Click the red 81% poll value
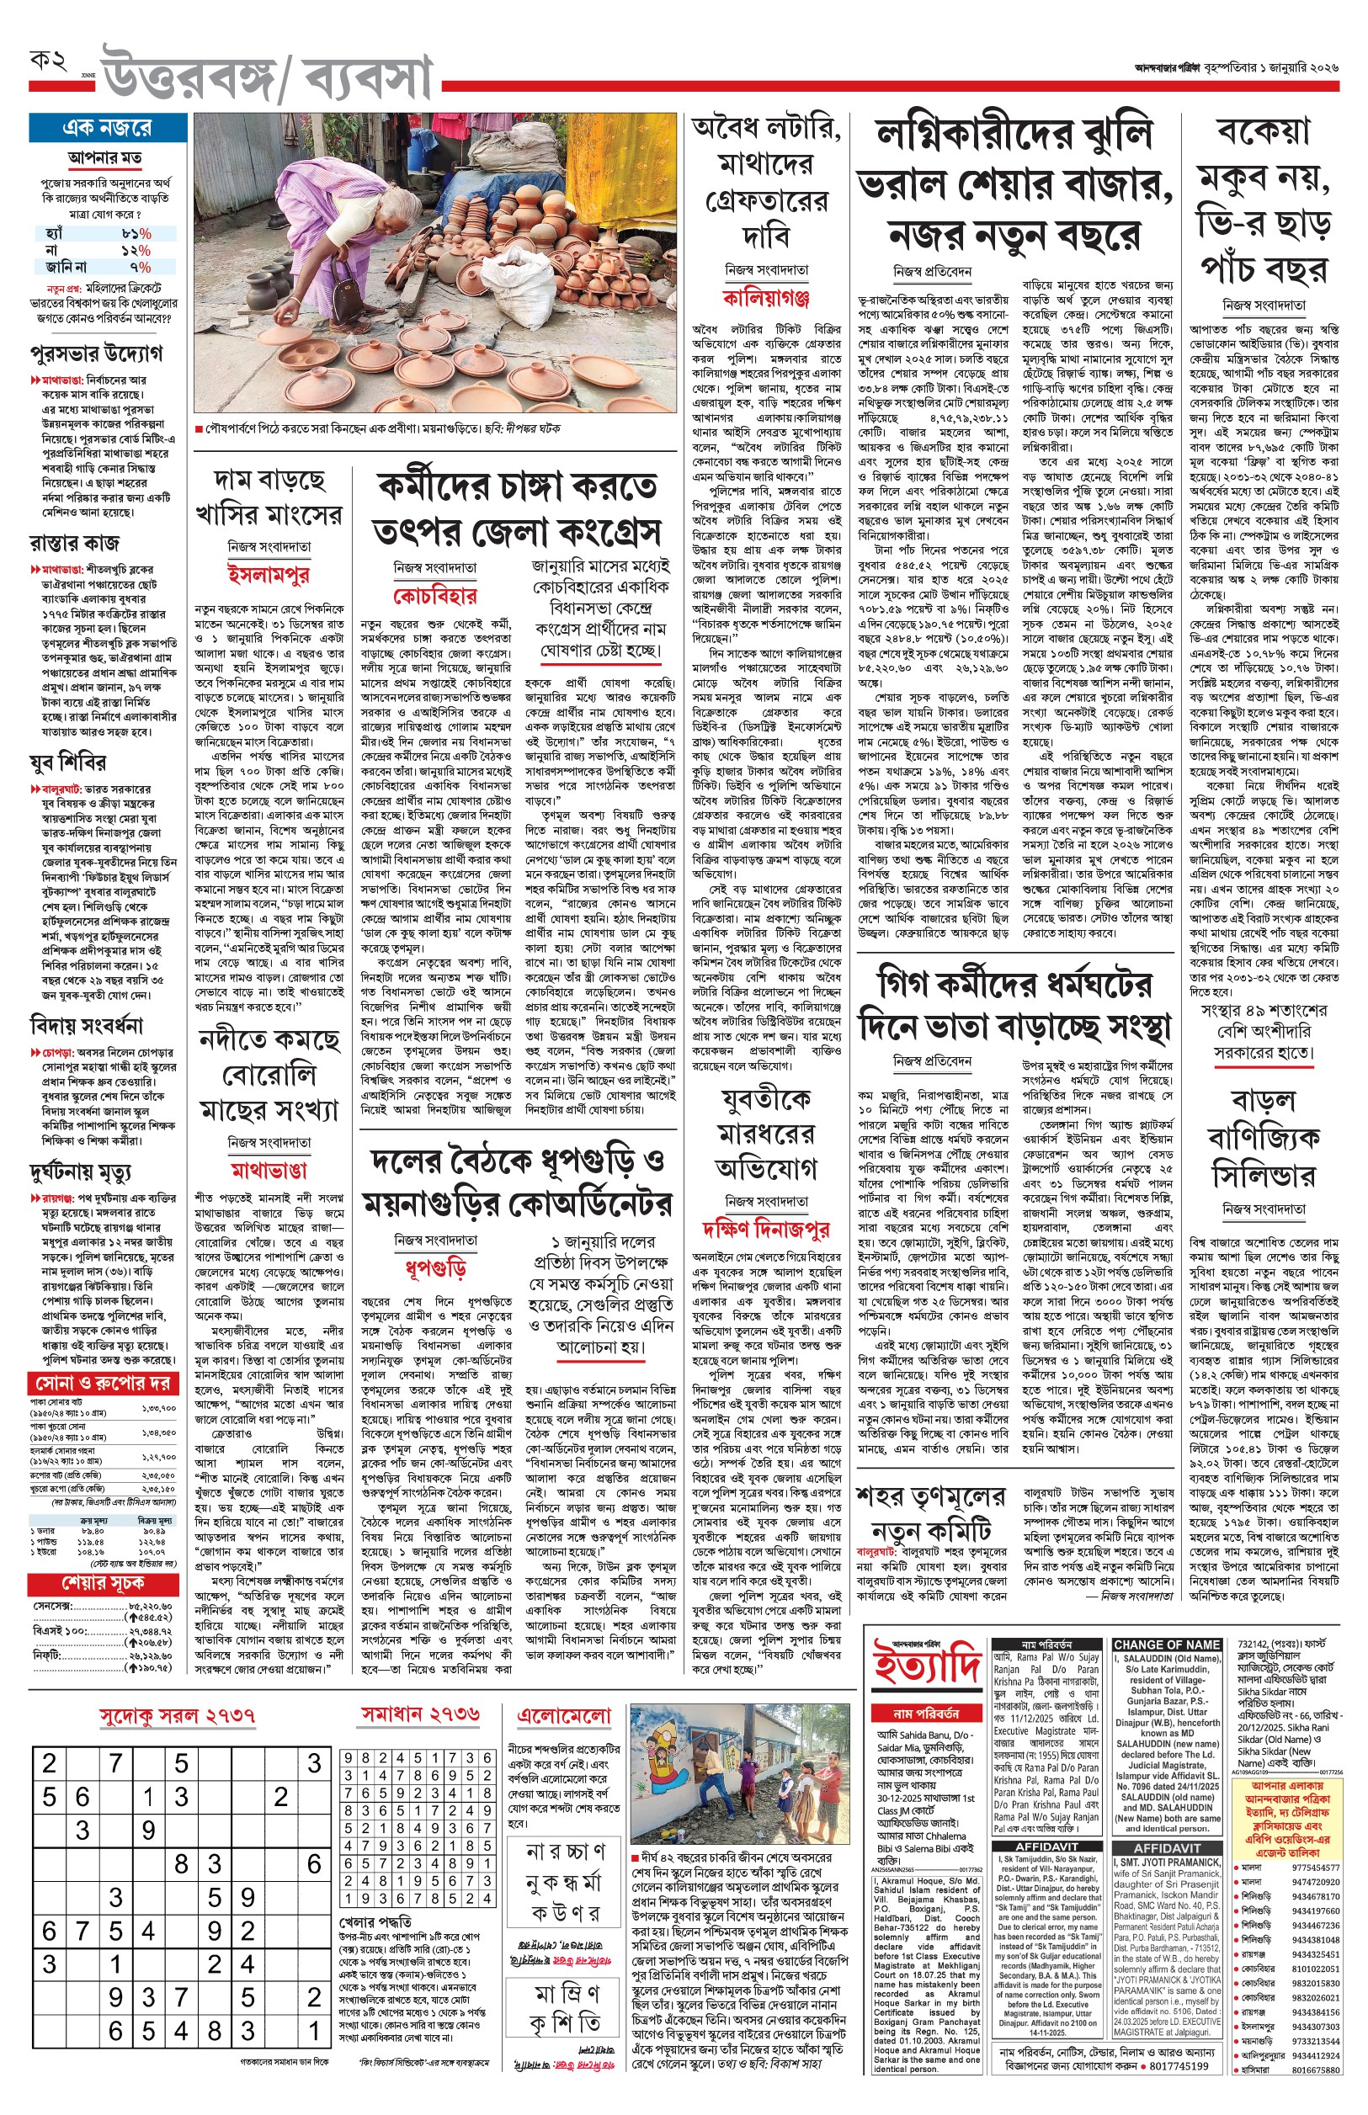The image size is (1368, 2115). click(x=136, y=233)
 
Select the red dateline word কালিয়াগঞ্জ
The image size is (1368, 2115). click(x=765, y=296)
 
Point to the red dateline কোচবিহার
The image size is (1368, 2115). click(x=435, y=595)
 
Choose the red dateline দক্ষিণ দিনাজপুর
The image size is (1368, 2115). click(x=765, y=1230)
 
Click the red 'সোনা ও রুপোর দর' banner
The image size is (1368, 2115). click(x=103, y=1384)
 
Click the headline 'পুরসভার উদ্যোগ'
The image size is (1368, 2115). click(x=96, y=353)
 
